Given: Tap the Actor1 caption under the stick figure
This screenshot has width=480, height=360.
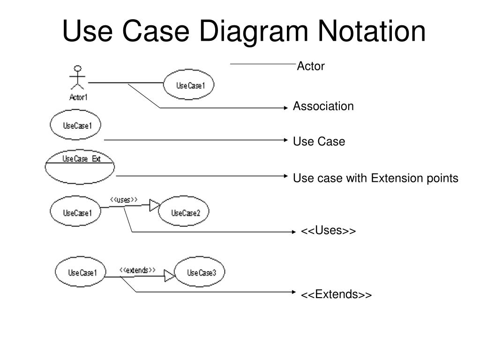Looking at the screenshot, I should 78,97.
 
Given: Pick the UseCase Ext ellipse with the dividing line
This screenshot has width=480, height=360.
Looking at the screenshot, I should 80,166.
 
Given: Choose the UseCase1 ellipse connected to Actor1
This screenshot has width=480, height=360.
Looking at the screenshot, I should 189,85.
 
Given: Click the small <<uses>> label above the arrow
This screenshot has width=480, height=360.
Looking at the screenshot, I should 124,200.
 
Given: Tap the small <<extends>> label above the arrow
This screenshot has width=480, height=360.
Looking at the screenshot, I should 137,270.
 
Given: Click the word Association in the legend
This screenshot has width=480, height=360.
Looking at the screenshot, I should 323,106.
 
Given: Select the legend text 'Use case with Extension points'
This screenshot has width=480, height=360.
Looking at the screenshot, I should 375,178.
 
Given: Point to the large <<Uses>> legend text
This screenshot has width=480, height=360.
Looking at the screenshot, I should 328,231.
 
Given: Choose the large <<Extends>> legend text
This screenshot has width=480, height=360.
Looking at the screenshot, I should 336,294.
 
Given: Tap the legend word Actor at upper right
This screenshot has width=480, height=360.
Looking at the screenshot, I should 311,67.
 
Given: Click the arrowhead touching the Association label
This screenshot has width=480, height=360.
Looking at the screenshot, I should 286,108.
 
